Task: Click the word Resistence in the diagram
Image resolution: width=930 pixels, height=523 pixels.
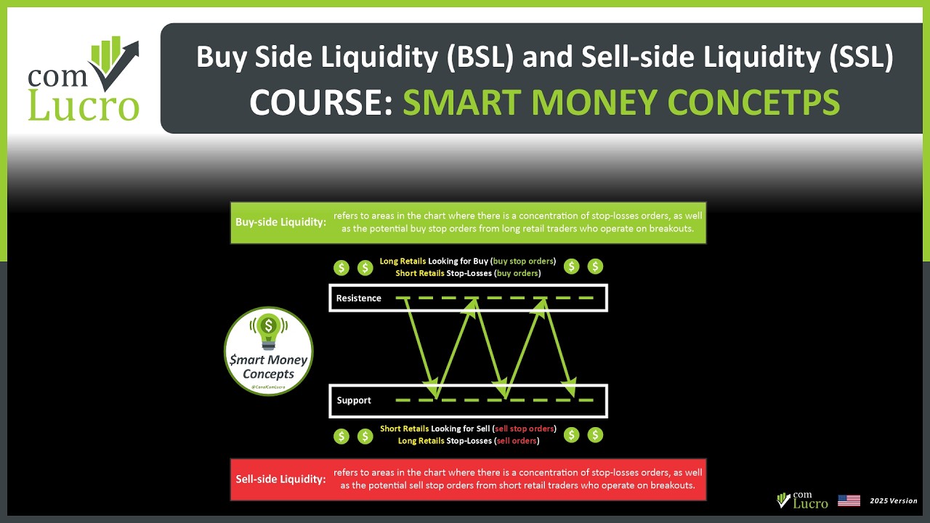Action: (x=358, y=299)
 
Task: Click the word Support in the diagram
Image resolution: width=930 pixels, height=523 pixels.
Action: (x=354, y=400)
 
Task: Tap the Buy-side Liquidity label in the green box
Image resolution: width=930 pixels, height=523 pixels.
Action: (x=280, y=222)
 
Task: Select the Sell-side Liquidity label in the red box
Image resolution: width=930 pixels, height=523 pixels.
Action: (x=280, y=479)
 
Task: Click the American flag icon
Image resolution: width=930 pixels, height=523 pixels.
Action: (x=849, y=500)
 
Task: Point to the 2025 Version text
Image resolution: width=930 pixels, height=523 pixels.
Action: (x=894, y=501)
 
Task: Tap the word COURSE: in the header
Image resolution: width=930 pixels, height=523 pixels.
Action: (x=320, y=102)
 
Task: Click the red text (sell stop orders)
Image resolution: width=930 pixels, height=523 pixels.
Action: (x=524, y=429)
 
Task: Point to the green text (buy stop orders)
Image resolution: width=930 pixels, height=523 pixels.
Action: (x=523, y=261)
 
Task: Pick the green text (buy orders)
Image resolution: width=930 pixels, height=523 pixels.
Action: (x=517, y=273)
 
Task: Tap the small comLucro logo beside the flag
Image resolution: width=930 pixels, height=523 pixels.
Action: (x=802, y=500)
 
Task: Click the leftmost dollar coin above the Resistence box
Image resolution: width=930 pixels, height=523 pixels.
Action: (x=341, y=267)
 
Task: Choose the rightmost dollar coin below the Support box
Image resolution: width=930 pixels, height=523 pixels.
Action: (x=595, y=435)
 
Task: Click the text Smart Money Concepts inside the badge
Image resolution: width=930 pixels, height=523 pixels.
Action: (x=268, y=367)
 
